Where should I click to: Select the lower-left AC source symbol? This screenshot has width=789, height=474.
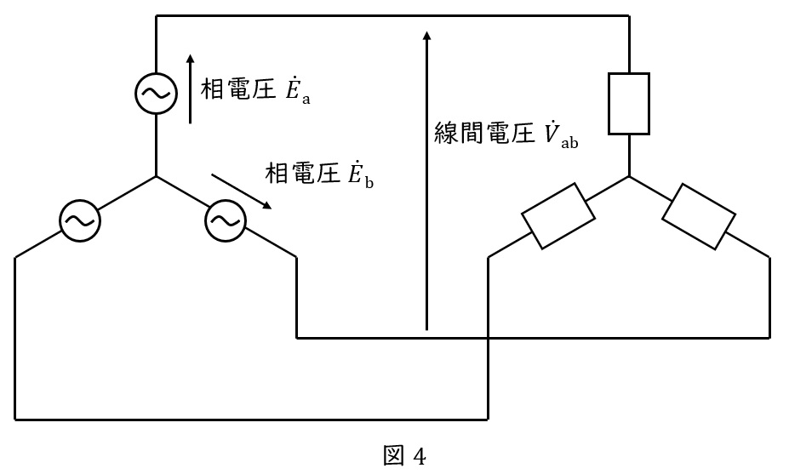click(x=79, y=221)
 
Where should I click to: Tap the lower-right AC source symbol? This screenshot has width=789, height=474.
click(x=225, y=221)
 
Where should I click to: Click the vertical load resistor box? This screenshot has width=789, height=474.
click(x=629, y=104)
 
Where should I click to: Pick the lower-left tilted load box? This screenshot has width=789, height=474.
click(x=558, y=215)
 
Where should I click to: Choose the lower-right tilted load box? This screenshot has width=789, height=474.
click(x=699, y=215)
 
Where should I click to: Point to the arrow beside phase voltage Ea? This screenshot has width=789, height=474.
click(x=190, y=89)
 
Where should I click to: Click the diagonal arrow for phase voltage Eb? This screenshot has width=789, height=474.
click(x=242, y=192)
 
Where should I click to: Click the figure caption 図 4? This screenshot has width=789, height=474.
click(x=405, y=456)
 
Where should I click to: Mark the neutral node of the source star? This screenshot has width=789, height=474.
click(x=157, y=177)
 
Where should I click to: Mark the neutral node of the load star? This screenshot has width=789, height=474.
click(x=629, y=177)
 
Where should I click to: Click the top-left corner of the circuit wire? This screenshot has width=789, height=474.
click(x=157, y=15)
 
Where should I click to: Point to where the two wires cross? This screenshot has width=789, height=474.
click(x=488, y=338)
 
